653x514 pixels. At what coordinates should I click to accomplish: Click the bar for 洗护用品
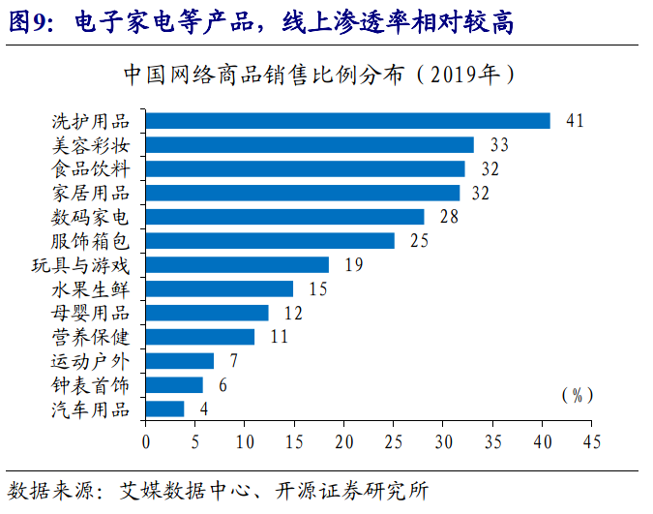[348, 121]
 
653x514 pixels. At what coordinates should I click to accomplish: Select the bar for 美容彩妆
[310, 145]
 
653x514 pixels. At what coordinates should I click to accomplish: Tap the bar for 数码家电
[285, 217]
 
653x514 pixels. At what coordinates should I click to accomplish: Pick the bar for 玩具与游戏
[237, 264]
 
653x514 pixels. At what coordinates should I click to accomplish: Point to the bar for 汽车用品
[165, 408]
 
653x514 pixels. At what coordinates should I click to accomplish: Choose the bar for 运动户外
[180, 361]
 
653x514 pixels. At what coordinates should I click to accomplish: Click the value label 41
[576, 121]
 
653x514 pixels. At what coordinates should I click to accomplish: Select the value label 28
[449, 217]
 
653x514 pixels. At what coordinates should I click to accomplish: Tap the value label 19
[353, 264]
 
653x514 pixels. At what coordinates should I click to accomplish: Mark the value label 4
[204, 408]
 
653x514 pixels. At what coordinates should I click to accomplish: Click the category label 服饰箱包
[90, 240]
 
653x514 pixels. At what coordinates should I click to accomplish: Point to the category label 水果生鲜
[90, 288]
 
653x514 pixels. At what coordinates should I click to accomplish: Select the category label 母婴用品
[90, 313]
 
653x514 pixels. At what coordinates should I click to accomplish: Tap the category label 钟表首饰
[90, 384]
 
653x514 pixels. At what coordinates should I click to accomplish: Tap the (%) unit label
[577, 395]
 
